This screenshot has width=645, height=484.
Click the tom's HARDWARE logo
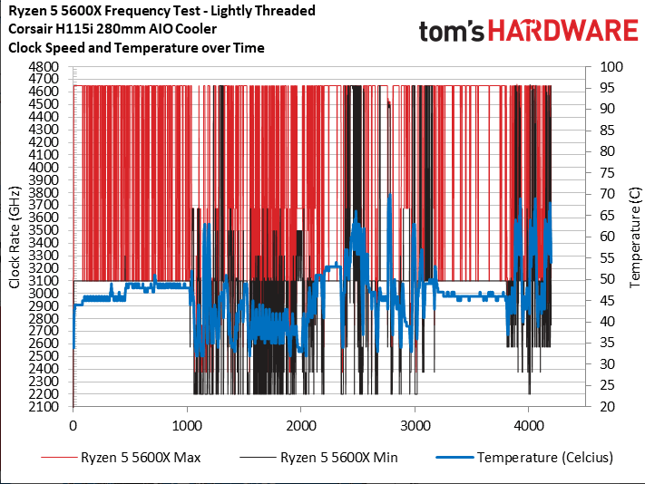(x=528, y=32)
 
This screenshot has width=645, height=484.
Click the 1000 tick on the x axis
(x=187, y=423)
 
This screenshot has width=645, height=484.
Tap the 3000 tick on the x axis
(x=415, y=423)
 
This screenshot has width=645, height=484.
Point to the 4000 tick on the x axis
(x=529, y=423)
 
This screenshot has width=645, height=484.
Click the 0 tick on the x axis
(x=73, y=423)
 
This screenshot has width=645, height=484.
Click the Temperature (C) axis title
(x=635, y=237)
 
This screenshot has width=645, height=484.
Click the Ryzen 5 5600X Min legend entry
(x=338, y=458)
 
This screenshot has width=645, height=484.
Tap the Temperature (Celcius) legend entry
(x=534, y=458)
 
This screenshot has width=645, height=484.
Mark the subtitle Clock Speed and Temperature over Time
(x=136, y=47)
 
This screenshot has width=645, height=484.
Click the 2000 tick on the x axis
(x=301, y=423)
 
